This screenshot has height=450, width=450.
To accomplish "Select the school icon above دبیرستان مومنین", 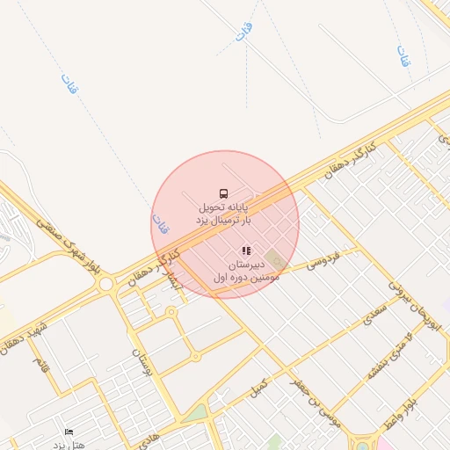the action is click(246, 250).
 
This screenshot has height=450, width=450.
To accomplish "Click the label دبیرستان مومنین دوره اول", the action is click(245, 270).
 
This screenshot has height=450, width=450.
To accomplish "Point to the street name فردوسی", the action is click(322, 261).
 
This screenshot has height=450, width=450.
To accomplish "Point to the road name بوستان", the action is click(142, 361).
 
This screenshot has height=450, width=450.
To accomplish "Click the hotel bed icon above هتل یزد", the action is click(69, 432).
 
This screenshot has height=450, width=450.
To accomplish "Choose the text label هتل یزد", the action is click(69, 445).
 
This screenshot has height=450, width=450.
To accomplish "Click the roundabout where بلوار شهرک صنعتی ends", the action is click(106, 284).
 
